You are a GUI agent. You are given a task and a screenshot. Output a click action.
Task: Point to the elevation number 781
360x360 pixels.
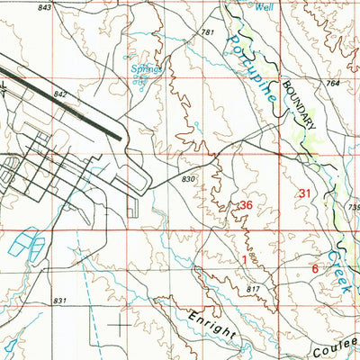coord(209,32)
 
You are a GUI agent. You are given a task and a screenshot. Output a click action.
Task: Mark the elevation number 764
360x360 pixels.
coord(333,83)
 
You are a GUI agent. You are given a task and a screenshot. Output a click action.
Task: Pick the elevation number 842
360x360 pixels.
coord(61,94)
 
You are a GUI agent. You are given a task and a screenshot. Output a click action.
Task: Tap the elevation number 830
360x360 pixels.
coord(187,179)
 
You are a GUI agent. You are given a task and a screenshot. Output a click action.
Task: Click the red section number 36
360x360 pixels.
coord(245,206)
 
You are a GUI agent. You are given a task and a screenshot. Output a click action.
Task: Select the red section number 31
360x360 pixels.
coord(306,193)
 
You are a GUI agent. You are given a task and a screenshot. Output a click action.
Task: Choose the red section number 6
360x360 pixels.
coord(314,268)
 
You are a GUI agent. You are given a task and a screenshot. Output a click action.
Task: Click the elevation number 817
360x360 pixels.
coord(254,288)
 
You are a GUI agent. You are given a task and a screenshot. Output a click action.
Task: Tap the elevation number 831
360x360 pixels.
coord(60,301)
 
